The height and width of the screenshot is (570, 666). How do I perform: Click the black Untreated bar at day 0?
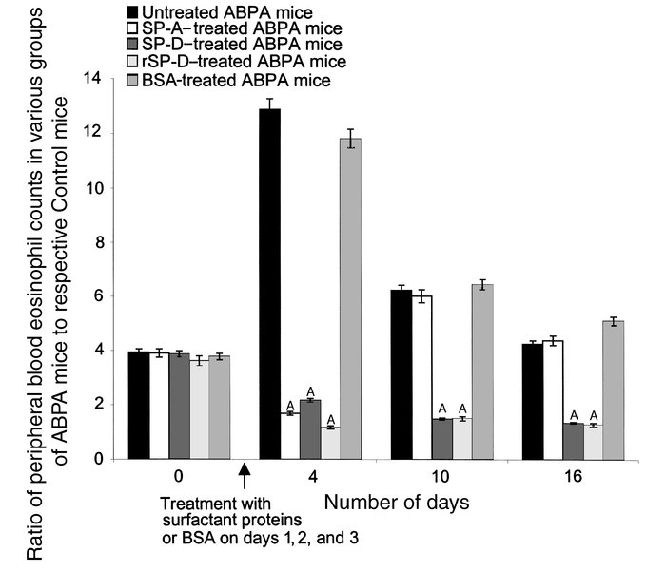click(x=139, y=405)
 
